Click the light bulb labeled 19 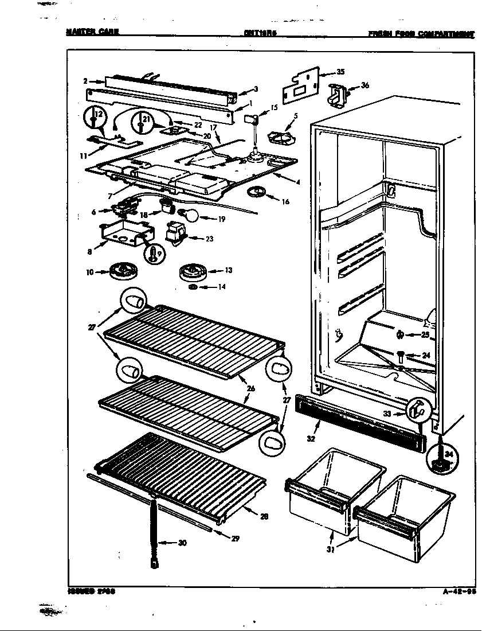tap(191, 216)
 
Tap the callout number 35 tap(340, 72)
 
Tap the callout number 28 tap(264, 516)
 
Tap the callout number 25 tap(425, 334)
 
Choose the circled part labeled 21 tap(142, 122)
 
